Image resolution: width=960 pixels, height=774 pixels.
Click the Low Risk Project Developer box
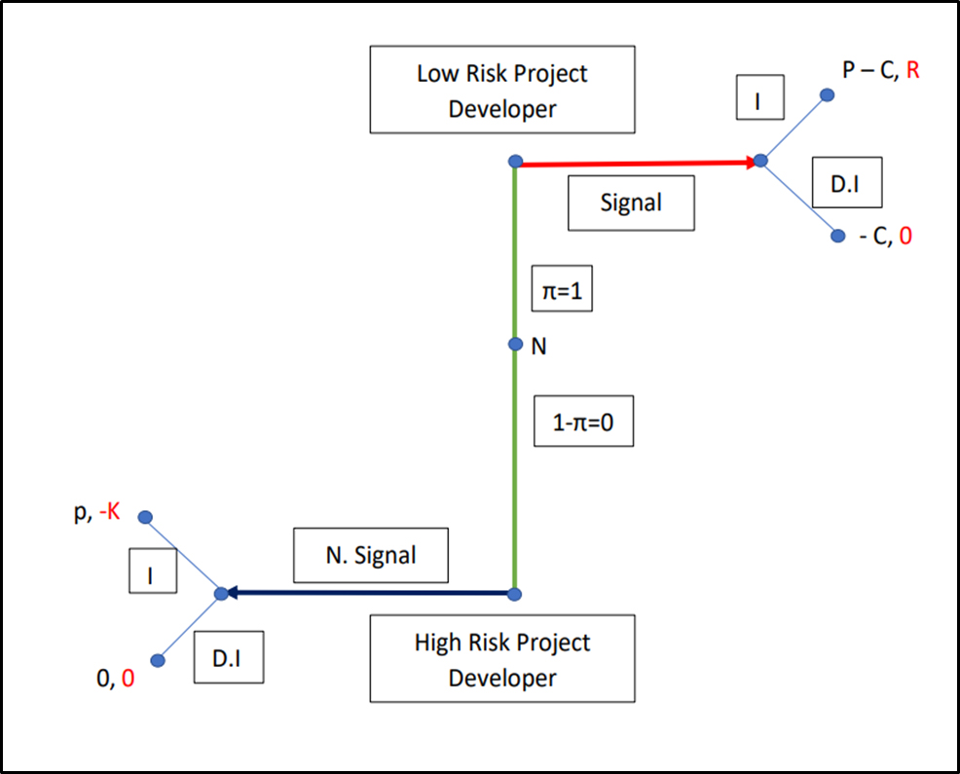[x=502, y=91]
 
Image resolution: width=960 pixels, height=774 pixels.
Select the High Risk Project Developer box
[x=502, y=658]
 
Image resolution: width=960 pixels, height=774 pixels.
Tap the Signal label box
[x=631, y=203]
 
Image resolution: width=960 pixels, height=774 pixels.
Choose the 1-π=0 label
[x=584, y=421]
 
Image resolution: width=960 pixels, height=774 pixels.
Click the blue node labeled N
[x=516, y=345]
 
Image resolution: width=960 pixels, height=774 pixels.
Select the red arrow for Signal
[x=633, y=163]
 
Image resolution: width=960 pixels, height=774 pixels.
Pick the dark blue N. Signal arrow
[x=370, y=592]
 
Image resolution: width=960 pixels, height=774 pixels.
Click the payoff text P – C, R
[x=881, y=70]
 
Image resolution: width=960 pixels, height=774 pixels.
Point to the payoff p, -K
[x=96, y=510]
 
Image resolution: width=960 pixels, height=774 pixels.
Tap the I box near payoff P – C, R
[x=759, y=100]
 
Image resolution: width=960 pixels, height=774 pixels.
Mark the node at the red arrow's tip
[x=760, y=161]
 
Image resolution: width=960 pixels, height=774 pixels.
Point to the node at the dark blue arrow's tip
[x=221, y=593]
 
